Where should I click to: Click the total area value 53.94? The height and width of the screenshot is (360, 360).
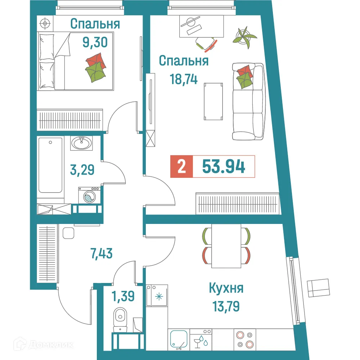[x=224, y=167]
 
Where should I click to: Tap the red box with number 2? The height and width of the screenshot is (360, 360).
[x=182, y=167]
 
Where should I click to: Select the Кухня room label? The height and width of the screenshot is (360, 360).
[x=226, y=288]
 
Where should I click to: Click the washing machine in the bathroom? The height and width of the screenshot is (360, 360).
[x=89, y=196]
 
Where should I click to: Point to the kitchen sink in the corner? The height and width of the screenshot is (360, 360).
[x=179, y=339]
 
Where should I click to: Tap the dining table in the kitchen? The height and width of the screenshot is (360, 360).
[x=226, y=246]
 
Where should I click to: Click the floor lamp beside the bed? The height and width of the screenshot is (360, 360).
[x=45, y=24]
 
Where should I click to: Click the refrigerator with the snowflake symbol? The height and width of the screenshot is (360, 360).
[x=157, y=296]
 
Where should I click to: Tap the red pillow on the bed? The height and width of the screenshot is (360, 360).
[x=96, y=60]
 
